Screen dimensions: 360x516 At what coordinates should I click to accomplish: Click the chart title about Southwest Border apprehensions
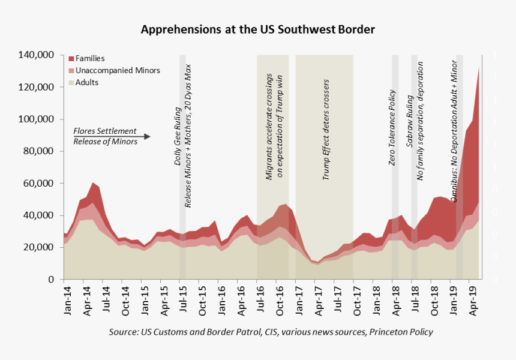point(257,29)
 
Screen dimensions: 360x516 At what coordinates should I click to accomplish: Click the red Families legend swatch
point(71,59)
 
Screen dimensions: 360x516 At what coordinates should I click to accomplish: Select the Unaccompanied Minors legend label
point(118,70)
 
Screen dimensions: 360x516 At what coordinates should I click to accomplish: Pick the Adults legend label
point(87,82)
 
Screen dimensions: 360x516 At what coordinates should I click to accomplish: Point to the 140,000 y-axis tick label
point(37,55)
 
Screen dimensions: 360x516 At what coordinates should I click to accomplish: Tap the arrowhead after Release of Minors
point(146,137)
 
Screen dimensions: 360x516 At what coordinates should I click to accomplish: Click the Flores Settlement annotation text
point(105,131)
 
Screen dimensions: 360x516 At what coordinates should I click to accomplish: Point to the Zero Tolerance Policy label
point(392,128)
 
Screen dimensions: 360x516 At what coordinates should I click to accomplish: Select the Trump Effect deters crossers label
point(326,129)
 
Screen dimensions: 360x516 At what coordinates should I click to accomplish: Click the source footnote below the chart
point(271,332)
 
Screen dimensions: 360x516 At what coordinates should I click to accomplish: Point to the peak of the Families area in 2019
point(478,67)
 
